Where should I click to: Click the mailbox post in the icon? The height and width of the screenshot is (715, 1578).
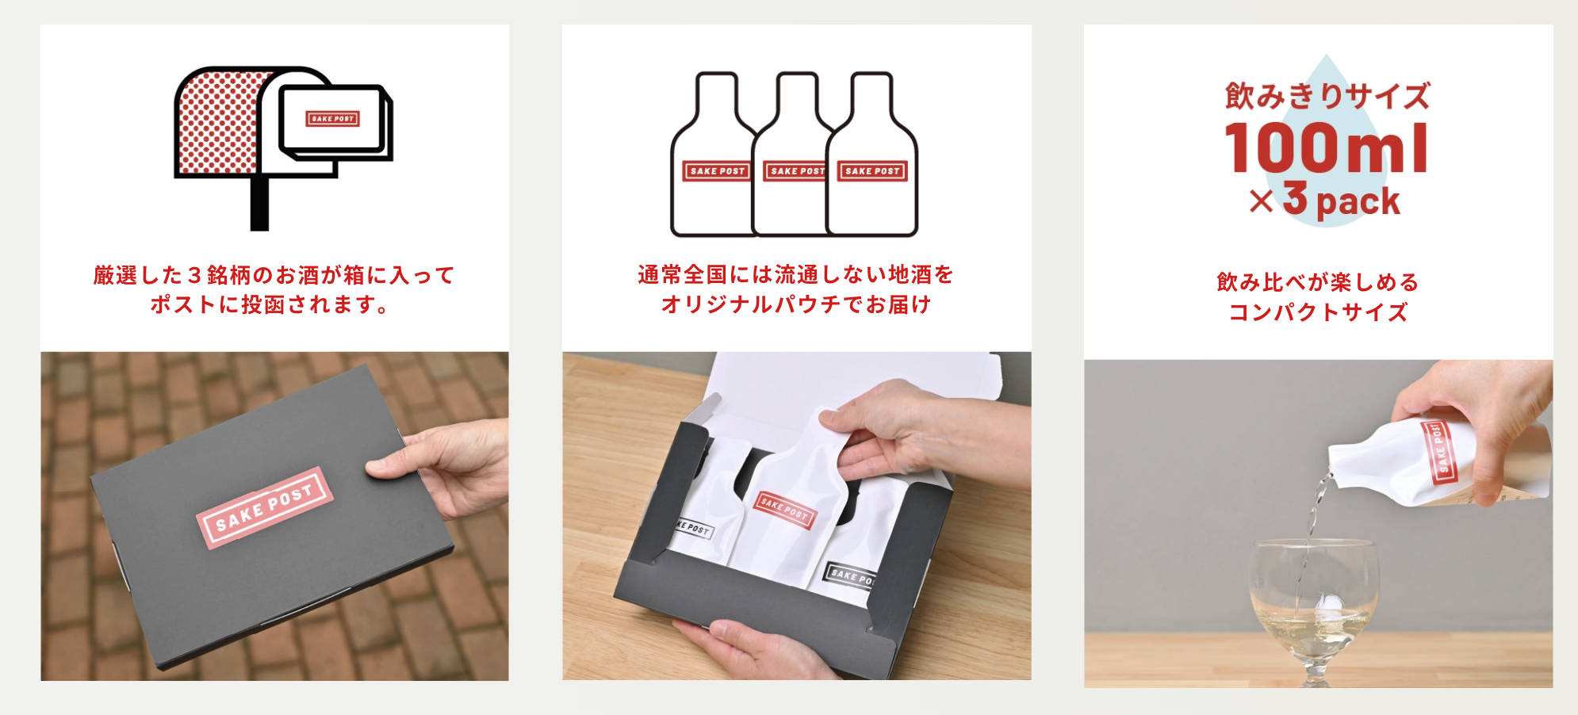(259, 204)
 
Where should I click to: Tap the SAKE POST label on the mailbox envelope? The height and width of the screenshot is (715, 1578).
(333, 119)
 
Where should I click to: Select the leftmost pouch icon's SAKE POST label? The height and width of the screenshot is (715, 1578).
(716, 171)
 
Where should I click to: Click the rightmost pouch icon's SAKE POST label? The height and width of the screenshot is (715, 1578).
(871, 171)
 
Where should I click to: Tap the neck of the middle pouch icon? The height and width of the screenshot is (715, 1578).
(797, 95)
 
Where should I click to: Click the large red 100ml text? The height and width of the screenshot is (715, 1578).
(1327, 149)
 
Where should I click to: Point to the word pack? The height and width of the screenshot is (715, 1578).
(1358, 201)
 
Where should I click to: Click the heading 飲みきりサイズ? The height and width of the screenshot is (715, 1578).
(1327, 97)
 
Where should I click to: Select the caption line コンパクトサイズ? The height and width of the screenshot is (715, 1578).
(1318, 312)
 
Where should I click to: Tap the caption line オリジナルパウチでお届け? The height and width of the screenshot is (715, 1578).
(796, 304)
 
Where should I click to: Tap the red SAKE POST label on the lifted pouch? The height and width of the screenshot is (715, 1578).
(783, 509)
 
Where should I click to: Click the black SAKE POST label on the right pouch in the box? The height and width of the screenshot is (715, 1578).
(850, 576)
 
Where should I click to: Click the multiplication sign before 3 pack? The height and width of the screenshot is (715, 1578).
(1261, 201)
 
